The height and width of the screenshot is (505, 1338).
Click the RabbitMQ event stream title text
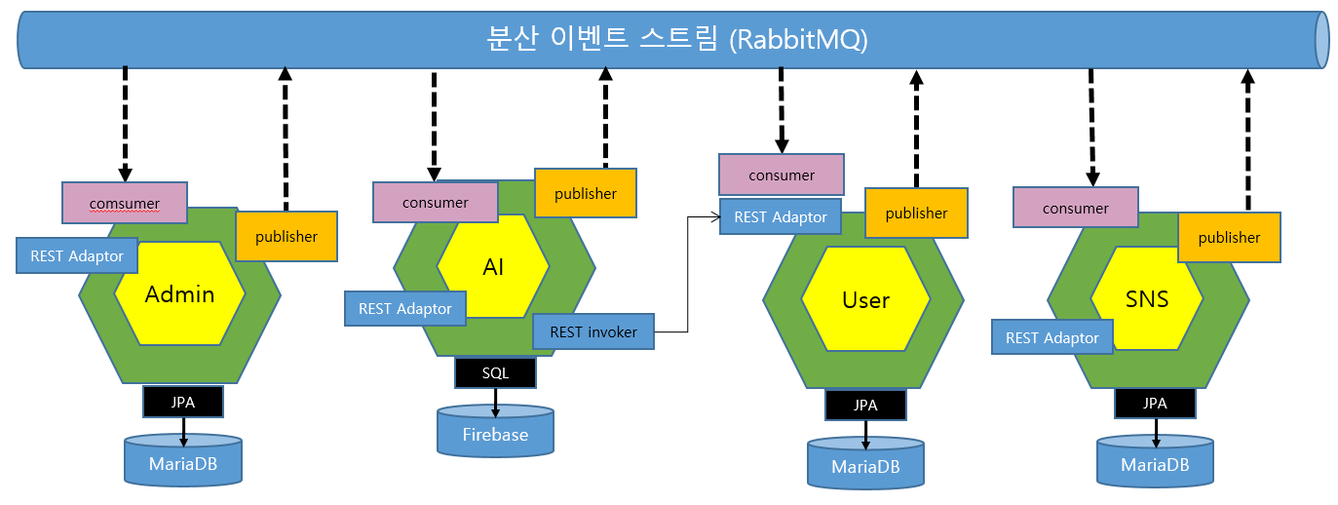click(676, 40)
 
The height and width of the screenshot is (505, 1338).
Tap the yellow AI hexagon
click(493, 267)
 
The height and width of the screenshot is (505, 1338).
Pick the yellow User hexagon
click(865, 300)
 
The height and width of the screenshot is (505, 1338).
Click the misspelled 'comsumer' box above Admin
click(125, 203)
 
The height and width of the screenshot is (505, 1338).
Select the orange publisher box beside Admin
click(287, 236)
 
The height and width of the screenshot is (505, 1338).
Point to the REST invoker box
click(593, 331)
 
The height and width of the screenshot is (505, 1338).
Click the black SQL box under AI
click(495, 372)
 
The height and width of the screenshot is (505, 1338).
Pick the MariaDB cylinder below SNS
click(1155, 462)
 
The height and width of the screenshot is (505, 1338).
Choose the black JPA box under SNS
click(1155, 403)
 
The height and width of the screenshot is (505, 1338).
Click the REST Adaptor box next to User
click(781, 216)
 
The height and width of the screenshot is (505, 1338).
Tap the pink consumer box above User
click(782, 175)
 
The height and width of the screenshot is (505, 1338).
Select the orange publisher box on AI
click(585, 193)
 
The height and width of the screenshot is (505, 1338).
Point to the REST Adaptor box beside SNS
click(1051, 337)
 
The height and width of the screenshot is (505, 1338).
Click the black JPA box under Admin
click(183, 401)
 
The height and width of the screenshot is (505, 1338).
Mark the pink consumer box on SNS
click(1075, 208)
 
